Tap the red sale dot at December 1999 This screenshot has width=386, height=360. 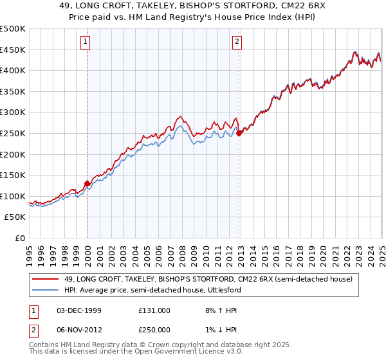(87, 183)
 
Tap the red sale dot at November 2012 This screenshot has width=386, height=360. (239, 134)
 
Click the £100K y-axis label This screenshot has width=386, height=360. (13, 196)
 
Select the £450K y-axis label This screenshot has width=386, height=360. (13, 50)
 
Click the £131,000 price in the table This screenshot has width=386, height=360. (154, 310)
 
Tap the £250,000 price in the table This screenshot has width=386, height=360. (154, 329)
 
